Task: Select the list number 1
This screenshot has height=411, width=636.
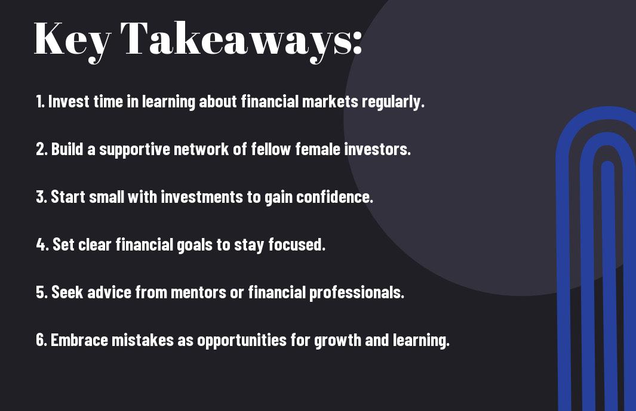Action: pyautogui.click(x=40, y=101)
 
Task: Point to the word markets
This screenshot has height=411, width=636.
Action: pyautogui.click(x=330, y=101)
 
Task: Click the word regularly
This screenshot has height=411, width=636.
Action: pyautogui.click(x=393, y=102)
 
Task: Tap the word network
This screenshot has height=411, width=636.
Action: pyautogui.click(x=201, y=149)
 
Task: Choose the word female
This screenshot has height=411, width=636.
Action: pyautogui.click(x=318, y=149)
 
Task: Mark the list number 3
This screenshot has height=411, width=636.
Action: pyautogui.click(x=41, y=197)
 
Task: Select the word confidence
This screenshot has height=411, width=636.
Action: pyautogui.click(x=334, y=197)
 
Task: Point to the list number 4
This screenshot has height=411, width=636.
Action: pyautogui.click(x=42, y=245)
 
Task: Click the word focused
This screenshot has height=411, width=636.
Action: pyautogui.click(x=297, y=245)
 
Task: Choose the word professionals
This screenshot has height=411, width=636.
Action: pyautogui.click(x=357, y=293)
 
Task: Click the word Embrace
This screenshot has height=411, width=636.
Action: pyautogui.click(x=79, y=339)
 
